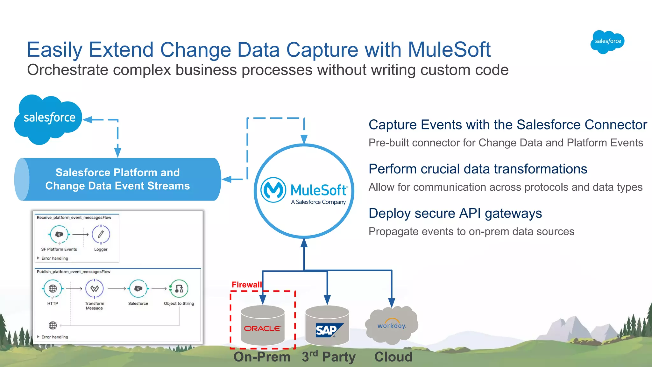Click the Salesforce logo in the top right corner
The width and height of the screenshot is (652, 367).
pos(607,42)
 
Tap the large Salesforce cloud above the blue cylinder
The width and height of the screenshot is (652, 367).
pos(48,118)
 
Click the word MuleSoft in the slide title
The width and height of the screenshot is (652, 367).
pos(449,50)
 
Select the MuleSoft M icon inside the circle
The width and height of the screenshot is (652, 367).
pos(273,190)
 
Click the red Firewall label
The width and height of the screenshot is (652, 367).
pos(246,285)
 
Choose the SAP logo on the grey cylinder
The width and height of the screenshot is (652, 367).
pos(328,330)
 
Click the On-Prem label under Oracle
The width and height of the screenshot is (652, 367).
pos(262,357)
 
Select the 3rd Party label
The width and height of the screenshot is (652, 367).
pos(328,357)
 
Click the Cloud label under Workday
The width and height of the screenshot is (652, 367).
pos(393,357)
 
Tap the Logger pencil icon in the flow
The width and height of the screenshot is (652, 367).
pos(101,235)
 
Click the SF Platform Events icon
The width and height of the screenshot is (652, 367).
pos(59,235)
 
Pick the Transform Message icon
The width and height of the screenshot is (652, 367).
pos(95,289)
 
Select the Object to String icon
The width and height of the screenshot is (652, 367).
pos(179,289)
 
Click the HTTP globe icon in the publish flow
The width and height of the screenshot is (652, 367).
pos(53,289)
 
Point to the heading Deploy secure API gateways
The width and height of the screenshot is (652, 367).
pos(455,213)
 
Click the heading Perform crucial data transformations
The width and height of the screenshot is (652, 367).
pos(478,169)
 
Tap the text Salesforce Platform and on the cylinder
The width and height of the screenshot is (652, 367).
pos(117,173)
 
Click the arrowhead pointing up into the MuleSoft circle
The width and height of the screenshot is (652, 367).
pos(304,243)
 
